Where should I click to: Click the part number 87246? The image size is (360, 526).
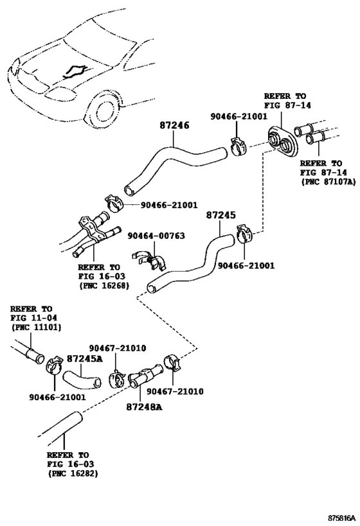point(174,128)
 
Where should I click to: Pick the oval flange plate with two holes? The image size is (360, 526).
point(282,137)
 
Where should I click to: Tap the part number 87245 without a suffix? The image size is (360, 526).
point(221,216)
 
